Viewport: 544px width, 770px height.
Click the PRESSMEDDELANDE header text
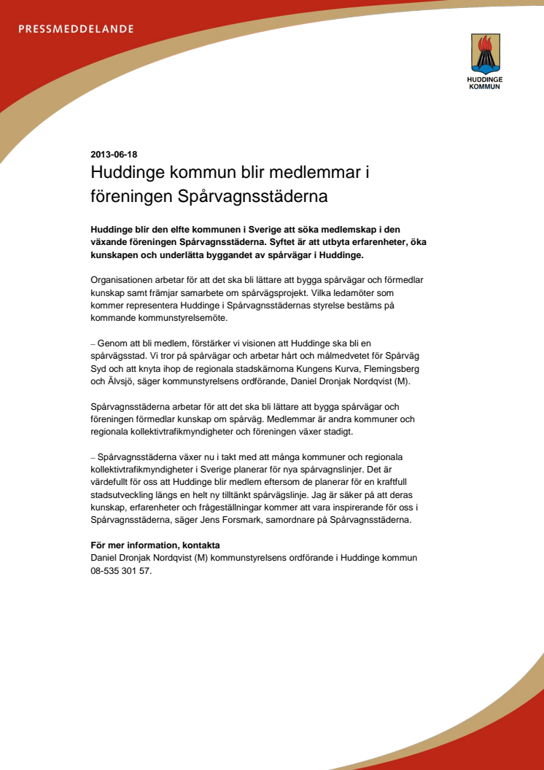tap(76, 29)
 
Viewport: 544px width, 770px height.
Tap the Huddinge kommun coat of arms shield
tap(484, 52)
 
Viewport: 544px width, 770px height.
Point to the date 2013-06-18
tap(114, 155)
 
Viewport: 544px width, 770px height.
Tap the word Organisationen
tap(127, 281)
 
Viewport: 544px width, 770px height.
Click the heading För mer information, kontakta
tap(155, 545)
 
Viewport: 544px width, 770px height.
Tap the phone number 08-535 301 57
tap(120, 571)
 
